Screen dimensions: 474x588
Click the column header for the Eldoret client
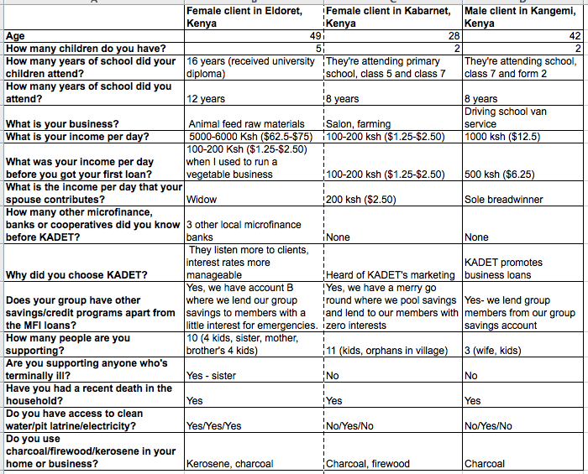252,18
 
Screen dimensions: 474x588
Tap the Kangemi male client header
522,18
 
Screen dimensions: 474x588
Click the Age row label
15,37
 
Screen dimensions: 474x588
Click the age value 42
575,37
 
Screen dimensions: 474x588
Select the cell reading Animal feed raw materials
246,124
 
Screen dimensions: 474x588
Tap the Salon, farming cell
357,124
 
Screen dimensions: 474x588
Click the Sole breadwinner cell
504,200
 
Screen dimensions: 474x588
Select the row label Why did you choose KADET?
76,274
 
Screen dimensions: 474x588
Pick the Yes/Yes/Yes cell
213,425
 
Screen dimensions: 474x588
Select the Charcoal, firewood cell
367,463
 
